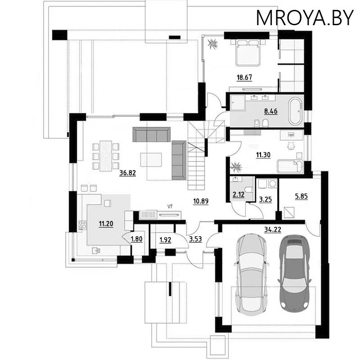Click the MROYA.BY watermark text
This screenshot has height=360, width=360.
click(x=305, y=18)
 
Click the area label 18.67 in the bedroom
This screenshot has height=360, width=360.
click(x=244, y=77)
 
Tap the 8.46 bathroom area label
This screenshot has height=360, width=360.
click(x=271, y=111)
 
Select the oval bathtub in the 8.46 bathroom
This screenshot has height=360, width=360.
click(x=296, y=111)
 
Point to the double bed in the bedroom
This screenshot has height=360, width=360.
click(x=248, y=53)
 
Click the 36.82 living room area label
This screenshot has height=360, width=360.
click(x=128, y=173)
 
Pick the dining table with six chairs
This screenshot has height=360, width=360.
click(x=106, y=156)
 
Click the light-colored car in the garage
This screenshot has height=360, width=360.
click(x=252, y=274)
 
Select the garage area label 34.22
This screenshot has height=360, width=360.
click(x=273, y=229)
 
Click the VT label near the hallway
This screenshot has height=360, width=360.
click(x=170, y=207)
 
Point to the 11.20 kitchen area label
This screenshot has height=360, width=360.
click(x=106, y=223)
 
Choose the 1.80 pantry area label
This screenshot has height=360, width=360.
click(x=137, y=239)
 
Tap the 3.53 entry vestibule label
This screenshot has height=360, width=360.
click(x=195, y=239)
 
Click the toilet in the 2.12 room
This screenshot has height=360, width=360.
click(x=249, y=190)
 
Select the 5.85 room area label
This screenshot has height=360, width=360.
click(x=301, y=196)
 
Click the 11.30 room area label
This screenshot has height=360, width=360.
click(x=263, y=155)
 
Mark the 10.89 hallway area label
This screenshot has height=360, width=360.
click(x=201, y=201)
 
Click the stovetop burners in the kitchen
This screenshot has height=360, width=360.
click(x=82, y=225)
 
